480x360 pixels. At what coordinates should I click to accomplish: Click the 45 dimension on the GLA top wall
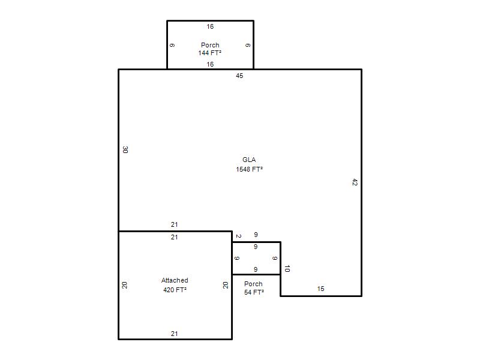pos(239,76)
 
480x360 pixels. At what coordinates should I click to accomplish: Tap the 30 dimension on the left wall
pos(125,149)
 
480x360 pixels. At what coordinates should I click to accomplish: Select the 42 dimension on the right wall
pos(355,182)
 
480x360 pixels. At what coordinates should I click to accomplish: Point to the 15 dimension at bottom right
pos(320,289)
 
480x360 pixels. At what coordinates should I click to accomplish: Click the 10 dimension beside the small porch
pos(287,269)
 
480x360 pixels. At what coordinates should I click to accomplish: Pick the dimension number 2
pos(239,236)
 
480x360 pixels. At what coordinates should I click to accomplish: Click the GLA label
pos(249,160)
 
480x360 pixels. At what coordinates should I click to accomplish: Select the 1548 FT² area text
pos(249,169)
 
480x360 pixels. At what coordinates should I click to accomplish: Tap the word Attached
pos(175,280)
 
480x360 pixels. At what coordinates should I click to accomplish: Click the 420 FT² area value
pos(175,290)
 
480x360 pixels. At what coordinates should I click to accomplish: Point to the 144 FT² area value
pos(209,53)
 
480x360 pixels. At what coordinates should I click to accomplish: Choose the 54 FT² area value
pos(254,292)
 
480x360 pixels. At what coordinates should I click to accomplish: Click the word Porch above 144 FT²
pos(210,44)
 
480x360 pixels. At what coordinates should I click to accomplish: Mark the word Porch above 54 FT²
pos(253,284)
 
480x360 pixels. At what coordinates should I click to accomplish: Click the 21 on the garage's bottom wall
pos(174,334)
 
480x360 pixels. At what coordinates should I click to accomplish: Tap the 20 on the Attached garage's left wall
pos(124,286)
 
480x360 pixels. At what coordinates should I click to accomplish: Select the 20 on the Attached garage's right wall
pos(226,286)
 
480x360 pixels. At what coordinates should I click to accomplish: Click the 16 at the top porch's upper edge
pos(210,26)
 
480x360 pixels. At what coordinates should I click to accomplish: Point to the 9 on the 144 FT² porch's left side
pos(172,46)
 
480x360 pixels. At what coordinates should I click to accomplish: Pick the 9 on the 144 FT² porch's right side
pos(248,46)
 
